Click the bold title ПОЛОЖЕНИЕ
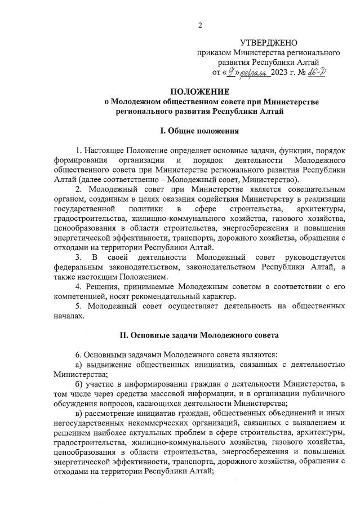(200, 91)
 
